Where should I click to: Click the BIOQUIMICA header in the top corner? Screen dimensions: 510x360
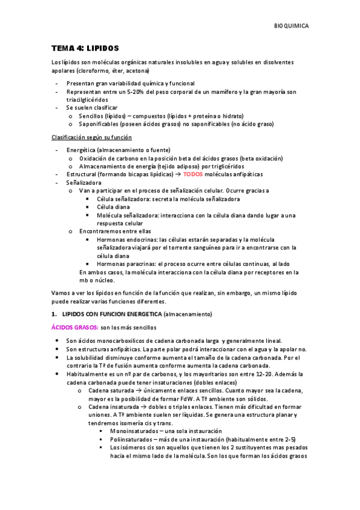(x=291, y=26)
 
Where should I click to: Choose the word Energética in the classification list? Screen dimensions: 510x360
(x=84, y=149)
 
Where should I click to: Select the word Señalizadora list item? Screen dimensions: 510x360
(x=84, y=182)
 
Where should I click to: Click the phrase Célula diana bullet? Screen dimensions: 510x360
(x=114, y=206)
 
